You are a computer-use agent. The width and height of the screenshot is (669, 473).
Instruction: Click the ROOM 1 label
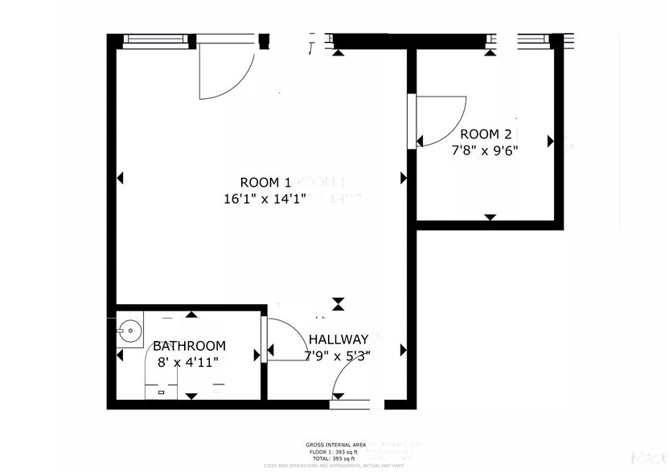pyautogui.click(x=265, y=182)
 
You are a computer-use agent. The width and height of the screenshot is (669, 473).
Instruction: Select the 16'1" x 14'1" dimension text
pyautogui.click(x=265, y=199)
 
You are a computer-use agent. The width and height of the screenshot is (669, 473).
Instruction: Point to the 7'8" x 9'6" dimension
pyautogui.click(x=482, y=150)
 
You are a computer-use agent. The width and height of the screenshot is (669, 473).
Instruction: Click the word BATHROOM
pyautogui.click(x=190, y=346)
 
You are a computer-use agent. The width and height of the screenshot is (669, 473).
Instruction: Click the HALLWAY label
pyautogui.click(x=338, y=339)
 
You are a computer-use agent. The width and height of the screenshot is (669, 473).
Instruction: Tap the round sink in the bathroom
pyautogui.click(x=126, y=329)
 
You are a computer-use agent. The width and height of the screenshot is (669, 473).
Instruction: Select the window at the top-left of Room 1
pyautogui.click(x=156, y=39)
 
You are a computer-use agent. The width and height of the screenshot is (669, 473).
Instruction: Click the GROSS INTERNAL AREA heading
pyautogui.click(x=335, y=445)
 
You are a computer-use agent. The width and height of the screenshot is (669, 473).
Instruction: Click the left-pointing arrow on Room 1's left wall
pyautogui.click(x=121, y=178)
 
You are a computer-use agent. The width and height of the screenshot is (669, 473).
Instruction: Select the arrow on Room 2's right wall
pyautogui.click(x=551, y=141)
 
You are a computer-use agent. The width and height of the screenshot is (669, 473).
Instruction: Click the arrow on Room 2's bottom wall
pyautogui.click(x=490, y=216)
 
